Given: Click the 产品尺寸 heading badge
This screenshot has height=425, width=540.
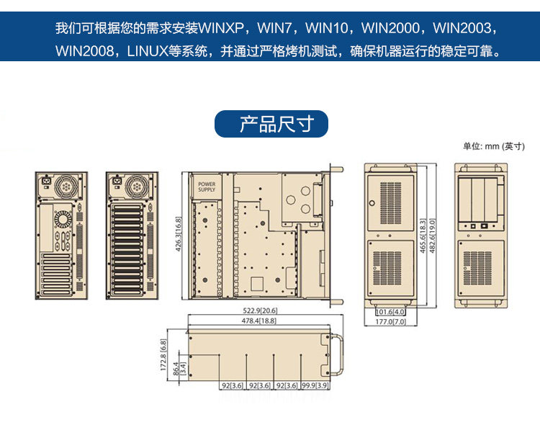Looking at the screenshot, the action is [x=271, y=124].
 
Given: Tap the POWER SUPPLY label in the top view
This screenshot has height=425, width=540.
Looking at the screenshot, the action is [x=207, y=187].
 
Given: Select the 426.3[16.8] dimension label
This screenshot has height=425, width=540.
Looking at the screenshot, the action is [x=178, y=234].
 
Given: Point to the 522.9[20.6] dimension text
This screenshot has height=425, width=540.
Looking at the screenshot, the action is [x=260, y=310].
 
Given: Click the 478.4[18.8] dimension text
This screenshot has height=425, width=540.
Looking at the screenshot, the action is [x=259, y=321].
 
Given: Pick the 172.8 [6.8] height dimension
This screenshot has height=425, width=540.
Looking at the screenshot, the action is [x=163, y=355].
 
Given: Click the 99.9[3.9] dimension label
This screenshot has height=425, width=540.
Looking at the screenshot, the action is [x=315, y=385].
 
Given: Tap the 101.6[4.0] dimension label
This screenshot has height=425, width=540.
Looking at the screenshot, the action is [x=390, y=312].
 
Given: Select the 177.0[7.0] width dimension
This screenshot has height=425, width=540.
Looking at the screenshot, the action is [x=390, y=321].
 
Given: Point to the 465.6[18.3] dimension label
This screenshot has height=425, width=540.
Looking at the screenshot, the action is [x=423, y=236].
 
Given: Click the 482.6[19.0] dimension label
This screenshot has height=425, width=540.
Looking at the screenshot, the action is [x=432, y=236].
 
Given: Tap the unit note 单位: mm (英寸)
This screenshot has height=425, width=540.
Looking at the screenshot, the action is [x=494, y=146].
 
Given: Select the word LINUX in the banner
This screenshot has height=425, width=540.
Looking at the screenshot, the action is [x=148, y=51].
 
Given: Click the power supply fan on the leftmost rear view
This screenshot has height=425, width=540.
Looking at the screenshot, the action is [x=67, y=187].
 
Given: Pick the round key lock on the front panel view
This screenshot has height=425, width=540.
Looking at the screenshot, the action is [x=372, y=203].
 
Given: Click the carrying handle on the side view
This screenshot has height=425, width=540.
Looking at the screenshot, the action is [x=338, y=355].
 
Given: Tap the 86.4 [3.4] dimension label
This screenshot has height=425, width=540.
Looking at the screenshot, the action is [x=179, y=369].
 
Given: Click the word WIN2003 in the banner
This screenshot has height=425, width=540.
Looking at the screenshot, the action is [x=462, y=28].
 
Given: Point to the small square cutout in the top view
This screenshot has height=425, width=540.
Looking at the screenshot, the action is [x=257, y=283].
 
